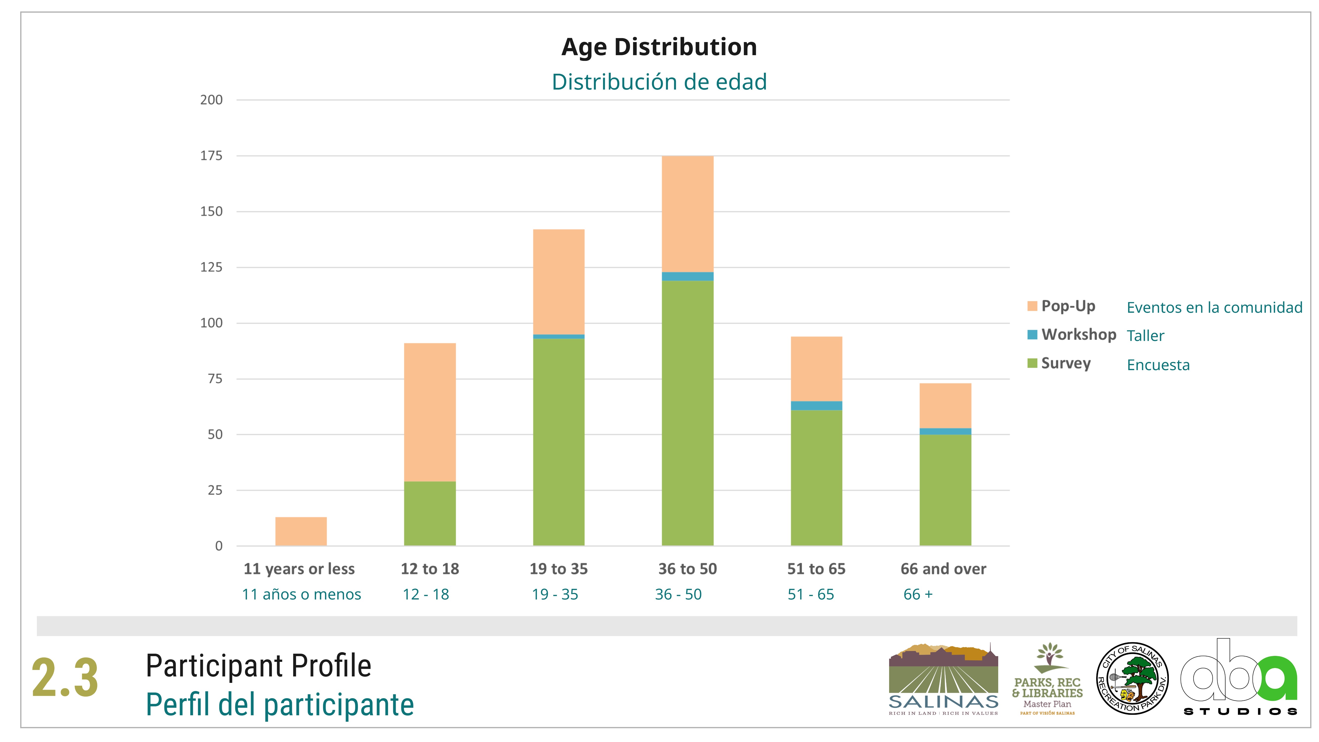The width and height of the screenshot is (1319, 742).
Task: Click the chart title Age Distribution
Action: pos(659,47)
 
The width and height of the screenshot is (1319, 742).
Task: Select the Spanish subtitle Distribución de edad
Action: pos(659,82)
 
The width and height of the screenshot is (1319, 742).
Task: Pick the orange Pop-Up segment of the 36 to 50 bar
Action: pos(687,214)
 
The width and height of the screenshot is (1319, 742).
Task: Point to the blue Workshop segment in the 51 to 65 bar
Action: pos(816,406)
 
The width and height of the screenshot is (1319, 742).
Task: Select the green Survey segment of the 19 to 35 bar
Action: pos(559,441)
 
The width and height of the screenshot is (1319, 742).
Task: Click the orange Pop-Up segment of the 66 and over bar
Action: pos(945,406)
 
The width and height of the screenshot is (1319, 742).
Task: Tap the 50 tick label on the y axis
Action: pos(215,435)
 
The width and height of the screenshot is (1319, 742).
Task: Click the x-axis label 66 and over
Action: pos(943,569)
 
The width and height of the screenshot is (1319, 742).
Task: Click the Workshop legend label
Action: pos(1079,335)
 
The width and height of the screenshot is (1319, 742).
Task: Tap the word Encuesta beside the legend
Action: pos(1158,365)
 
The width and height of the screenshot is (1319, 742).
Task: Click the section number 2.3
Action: pos(65,678)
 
